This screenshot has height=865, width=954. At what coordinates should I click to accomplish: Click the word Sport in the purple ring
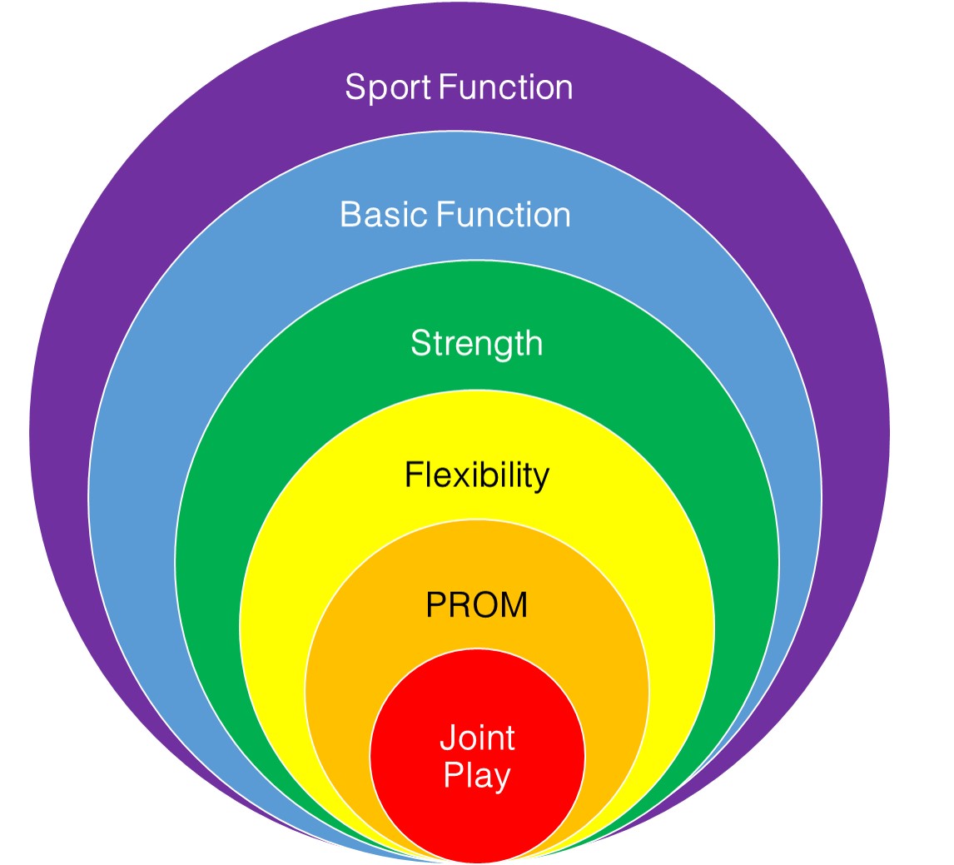(388, 88)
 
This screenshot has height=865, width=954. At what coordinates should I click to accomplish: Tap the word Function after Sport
(505, 87)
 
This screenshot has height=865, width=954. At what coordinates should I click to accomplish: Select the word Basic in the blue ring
(385, 215)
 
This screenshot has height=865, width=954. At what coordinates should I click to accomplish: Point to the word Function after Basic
(504, 215)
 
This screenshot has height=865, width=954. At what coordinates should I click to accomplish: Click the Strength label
(476, 345)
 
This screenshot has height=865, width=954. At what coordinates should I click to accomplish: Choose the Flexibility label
(477, 475)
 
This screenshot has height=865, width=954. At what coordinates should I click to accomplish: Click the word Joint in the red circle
(477, 738)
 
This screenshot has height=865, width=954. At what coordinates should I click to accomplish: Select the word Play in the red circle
(477, 776)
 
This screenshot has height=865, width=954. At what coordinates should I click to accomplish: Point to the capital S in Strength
(421, 343)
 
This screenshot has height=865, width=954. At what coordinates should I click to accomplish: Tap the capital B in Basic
(351, 215)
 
